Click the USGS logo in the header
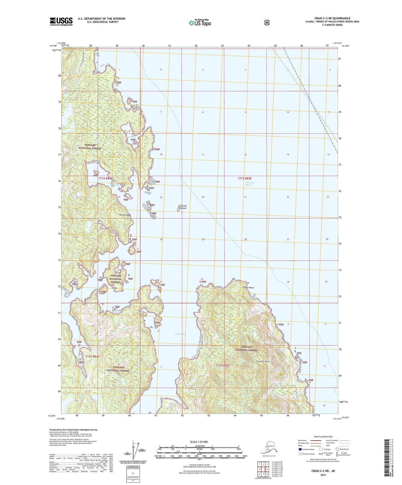[x=61, y=21]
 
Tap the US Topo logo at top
[x=199, y=23]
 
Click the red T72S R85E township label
[x=223, y=366]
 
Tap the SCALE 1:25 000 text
[x=199, y=442]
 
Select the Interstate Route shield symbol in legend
[x=300, y=449]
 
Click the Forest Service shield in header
[x=267, y=22]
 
